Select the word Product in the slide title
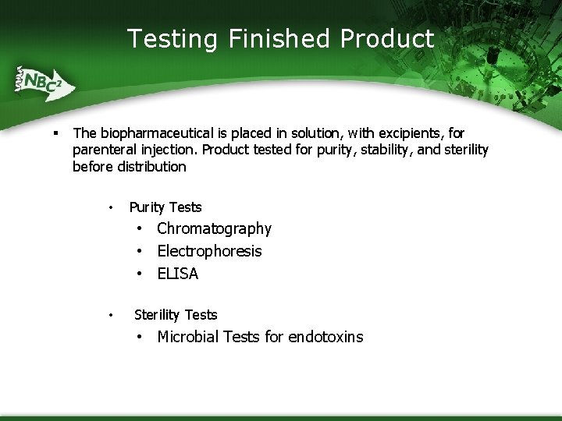click(x=387, y=38)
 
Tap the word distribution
click(x=152, y=166)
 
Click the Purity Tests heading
click(x=165, y=207)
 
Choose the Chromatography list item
click(x=214, y=228)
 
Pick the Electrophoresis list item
click(x=209, y=251)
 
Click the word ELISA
click(x=177, y=274)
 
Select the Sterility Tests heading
click(x=176, y=315)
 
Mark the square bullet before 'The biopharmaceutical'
click(x=56, y=133)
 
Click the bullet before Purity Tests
click(x=112, y=208)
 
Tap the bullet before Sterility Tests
click(x=112, y=316)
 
